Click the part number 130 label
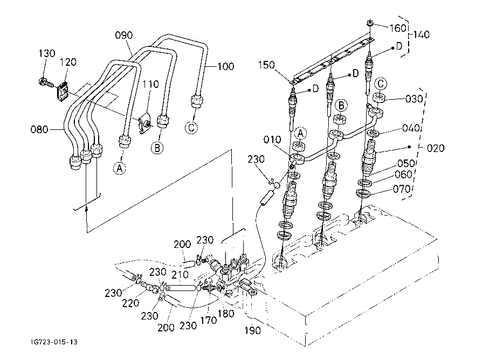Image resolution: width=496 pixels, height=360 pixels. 47,53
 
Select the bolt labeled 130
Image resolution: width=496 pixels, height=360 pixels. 45,83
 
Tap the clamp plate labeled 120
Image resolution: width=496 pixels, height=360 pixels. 63,91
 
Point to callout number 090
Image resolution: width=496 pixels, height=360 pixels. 123,35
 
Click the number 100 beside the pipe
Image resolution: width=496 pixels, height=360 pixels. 225,66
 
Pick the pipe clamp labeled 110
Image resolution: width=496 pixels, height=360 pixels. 144,122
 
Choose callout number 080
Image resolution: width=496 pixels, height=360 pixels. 39,129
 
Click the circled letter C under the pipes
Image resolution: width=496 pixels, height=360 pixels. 191,128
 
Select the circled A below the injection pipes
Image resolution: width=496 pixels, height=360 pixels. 119,168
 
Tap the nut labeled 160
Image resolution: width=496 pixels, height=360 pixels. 370,23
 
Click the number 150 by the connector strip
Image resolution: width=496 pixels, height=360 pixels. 266,65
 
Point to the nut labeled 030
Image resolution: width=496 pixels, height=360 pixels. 379,98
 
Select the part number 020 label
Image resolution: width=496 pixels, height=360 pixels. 436,148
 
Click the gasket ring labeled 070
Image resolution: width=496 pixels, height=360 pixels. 363,192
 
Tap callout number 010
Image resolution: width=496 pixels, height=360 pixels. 272,140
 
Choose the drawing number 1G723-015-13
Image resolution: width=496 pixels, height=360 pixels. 54,342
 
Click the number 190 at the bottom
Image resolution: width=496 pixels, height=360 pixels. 253,330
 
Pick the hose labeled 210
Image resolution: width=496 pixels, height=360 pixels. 181,288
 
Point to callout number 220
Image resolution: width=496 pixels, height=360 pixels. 130,303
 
